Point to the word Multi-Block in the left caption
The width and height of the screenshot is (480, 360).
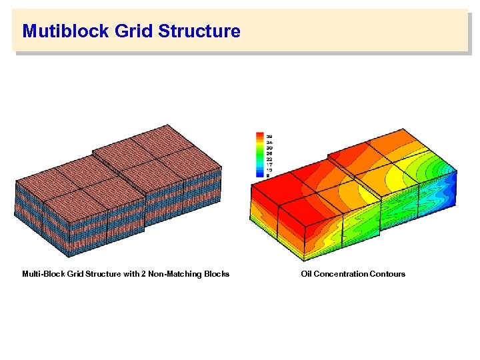(x=41, y=274)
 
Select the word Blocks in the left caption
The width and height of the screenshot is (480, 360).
(x=216, y=274)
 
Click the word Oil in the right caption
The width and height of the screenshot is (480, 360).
(x=306, y=274)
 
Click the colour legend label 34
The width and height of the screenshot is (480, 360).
(x=269, y=143)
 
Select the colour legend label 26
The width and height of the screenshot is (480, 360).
(x=269, y=153)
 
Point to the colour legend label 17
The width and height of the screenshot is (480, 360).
(x=269, y=164)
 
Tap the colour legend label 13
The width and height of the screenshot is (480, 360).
(x=269, y=169)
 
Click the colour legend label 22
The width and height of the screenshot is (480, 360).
(x=269, y=159)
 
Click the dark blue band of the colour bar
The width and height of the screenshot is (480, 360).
(x=260, y=175)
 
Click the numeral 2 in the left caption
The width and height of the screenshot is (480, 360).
(x=143, y=274)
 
